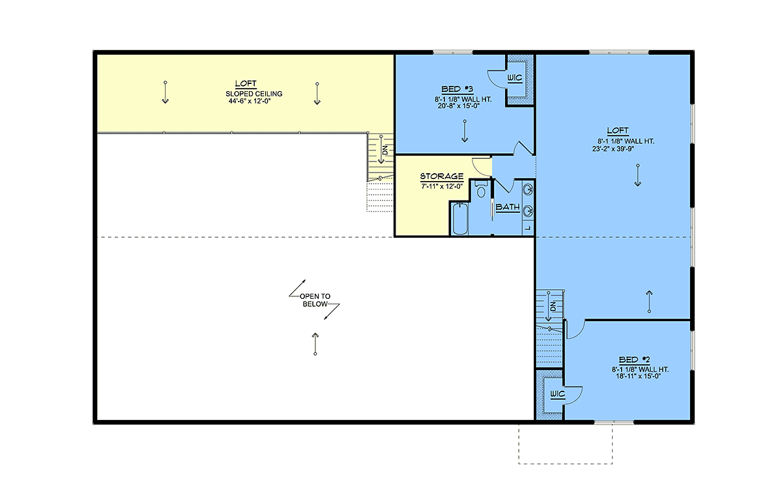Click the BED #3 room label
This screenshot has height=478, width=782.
click(457, 89)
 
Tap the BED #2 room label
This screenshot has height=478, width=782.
click(634, 359)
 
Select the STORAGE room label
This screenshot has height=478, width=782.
click(442, 176)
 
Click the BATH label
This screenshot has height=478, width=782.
click(508, 207)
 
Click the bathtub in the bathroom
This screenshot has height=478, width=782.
click(460, 219)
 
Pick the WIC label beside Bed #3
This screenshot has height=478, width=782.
click(515, 77)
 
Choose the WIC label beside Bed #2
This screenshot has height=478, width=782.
click(557, 394)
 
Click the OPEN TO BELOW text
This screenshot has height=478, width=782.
click(315, 300)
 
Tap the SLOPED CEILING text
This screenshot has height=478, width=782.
click(253, 94)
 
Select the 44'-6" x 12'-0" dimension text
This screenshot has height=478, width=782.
click(250, 101)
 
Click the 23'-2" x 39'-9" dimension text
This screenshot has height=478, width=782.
click(613, 149)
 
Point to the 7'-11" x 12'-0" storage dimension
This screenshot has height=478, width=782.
click(442, 186)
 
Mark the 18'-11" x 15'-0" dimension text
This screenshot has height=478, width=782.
click(638, 376)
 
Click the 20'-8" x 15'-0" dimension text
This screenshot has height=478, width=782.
click(459, 105)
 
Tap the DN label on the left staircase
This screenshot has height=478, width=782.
click(385, 150)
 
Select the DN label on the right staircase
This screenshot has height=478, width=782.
click(553, 307)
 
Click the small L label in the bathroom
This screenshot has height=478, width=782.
click(528, 228)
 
